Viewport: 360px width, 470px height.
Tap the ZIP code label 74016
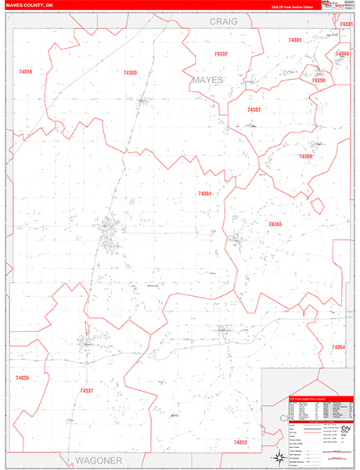(25, 71)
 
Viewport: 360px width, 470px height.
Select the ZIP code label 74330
(130, 73)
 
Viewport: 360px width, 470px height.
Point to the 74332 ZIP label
(221, 54)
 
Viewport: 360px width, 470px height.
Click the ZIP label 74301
(294, 40)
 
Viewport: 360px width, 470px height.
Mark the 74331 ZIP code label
(346, 25)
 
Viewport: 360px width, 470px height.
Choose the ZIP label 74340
(342, 53)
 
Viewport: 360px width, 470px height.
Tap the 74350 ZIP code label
(318, 81)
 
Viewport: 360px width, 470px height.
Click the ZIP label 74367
(254, 110)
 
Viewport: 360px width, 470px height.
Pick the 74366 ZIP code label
(305, 157)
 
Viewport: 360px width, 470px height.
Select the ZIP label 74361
(205, 193)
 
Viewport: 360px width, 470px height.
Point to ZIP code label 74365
(275, 225)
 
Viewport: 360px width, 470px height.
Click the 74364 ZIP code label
(338, 347)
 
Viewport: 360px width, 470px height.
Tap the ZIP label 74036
(22, 378)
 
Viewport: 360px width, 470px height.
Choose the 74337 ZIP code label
(87, 390)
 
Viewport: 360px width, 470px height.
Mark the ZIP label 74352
(240, 443)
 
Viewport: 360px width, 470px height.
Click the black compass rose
(278, 457)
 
